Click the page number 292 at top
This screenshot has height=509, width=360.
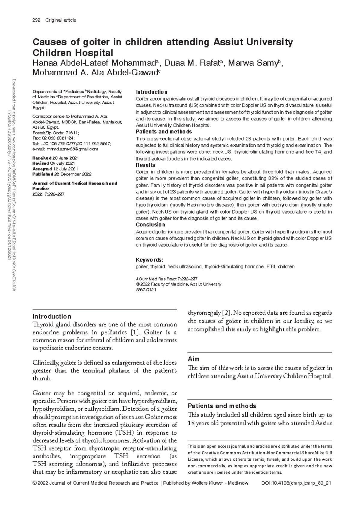[x=36, y=20]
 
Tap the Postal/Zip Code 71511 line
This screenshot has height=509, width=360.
[x=55, y=133]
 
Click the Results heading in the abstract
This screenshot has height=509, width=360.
[x=145, y=165]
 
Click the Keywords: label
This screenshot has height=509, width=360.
[x=149, y=259]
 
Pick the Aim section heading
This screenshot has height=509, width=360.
[x=193, y=359]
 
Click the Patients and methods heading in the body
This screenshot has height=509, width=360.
[x=222, y=406]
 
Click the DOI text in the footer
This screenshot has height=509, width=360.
[x=296, y=483]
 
